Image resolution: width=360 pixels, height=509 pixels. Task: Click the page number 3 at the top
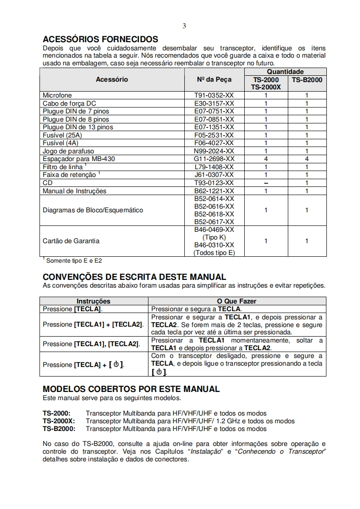(x=184, y=26)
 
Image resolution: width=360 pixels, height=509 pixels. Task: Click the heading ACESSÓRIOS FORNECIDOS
(x=100, y=39)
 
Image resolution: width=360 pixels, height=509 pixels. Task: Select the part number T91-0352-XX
(x=214, y=96)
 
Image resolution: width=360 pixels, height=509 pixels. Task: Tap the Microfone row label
(x=57, y=96)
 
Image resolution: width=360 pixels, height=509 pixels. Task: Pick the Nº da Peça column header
(x=214, y=79)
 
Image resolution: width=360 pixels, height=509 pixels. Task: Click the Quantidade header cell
(x=285, y=72)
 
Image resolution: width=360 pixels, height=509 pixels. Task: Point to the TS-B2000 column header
(x=306, y=79)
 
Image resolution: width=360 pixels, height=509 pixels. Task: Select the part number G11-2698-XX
(x=214, y=159)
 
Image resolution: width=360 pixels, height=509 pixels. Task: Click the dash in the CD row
(x=266, y=183)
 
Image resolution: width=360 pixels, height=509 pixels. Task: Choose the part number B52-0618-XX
(x=214, y=214)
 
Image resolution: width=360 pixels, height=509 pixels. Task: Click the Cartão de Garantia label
(x=71, y=241)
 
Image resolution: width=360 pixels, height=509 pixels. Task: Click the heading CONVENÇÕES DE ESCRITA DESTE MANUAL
(x=134, y=277)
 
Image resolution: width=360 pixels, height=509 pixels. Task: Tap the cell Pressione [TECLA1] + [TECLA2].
(x=93, y=324)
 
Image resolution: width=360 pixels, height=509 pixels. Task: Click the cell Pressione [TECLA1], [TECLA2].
(x=91, y=344)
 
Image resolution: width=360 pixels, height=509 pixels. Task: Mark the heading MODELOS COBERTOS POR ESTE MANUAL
(x=131, y=389)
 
